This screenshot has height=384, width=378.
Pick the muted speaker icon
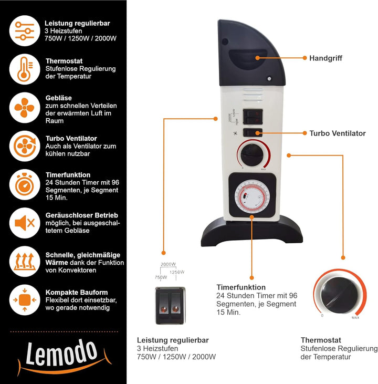pos(25,223)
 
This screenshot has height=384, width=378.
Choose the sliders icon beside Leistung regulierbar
pos(25,31)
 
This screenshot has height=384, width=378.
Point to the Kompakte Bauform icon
pos(25,300)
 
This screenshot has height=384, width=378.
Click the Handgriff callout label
pos(325,58)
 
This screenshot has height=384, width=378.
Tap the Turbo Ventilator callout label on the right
pos(337,133)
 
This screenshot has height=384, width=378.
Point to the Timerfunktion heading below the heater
pos(241,287)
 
